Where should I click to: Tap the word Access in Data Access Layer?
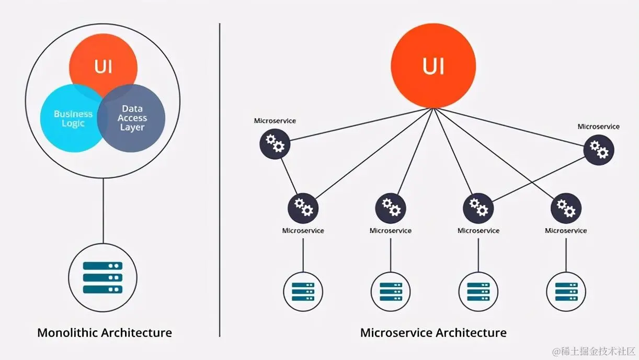(x=132, y=118)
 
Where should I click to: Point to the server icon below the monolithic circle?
(x=102, y=277)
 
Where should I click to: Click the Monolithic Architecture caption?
(x=105, y=332)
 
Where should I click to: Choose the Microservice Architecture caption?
(x=433, y=332)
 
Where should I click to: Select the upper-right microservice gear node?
(x=599, y=150)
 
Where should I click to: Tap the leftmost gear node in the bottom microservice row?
(x=303, y=208)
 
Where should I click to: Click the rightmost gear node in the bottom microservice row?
(x=566, y=208)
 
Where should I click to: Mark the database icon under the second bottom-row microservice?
(x=391, y=291)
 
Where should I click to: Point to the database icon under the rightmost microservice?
(x=566, y=291)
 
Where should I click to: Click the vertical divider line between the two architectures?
(x=220, y=178)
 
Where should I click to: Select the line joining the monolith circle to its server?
(x=102, y=209)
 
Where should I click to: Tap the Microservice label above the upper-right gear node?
(x=598, y=127)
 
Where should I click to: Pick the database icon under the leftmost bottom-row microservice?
(x=303, y=291)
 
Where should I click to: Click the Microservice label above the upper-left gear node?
(x=275, y=121)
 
